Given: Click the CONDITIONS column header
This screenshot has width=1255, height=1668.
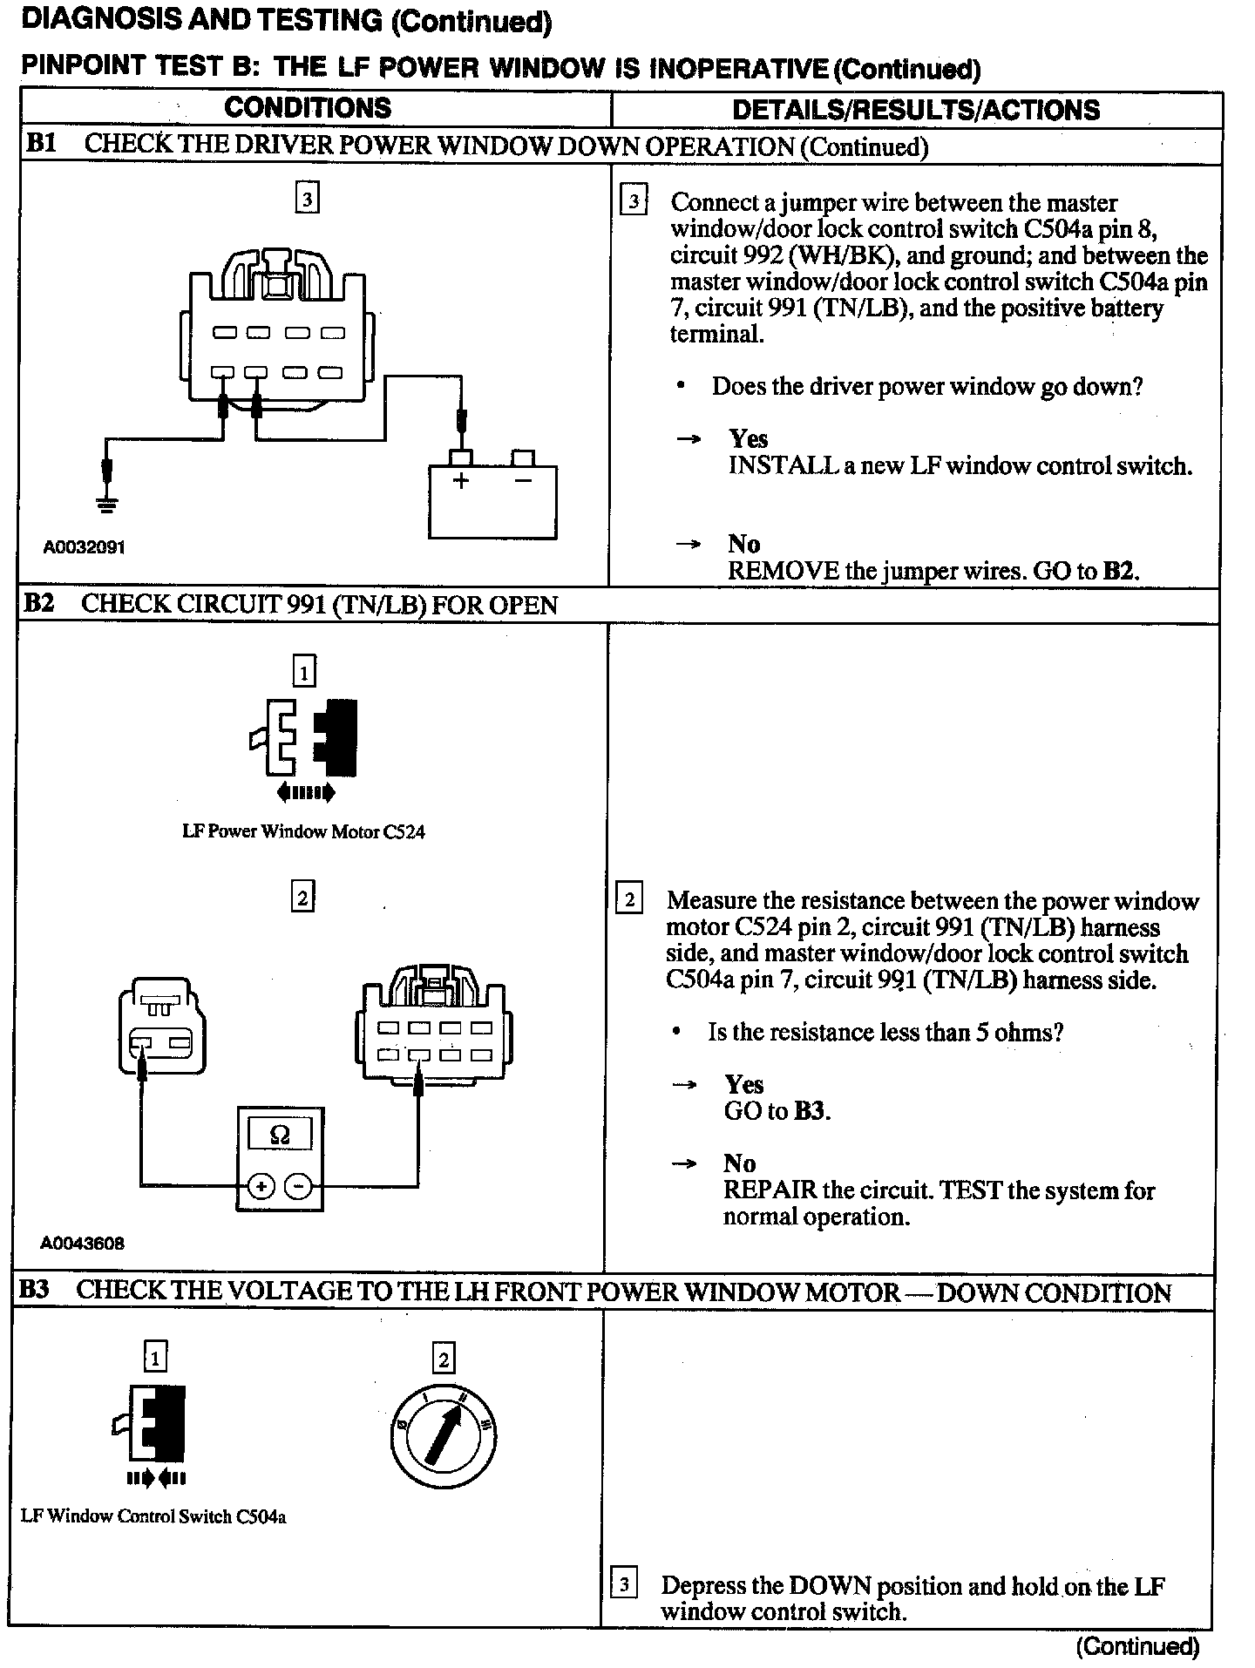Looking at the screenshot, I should (308, 108).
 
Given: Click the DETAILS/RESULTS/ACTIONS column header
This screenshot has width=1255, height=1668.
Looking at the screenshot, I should (916, 110).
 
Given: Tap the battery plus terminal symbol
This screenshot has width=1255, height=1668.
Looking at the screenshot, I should (460, 480).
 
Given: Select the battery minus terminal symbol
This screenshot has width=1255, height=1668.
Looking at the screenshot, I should (523, 480).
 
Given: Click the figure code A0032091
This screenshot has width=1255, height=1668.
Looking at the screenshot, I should (85, 547).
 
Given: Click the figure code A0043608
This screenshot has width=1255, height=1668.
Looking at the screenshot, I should (82, 1244).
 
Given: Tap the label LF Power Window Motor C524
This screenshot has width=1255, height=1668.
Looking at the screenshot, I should (303, 831).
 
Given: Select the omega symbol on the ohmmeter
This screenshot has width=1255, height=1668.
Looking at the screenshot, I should (280, 1135).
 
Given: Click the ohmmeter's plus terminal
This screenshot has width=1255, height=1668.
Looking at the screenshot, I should (261, 1186).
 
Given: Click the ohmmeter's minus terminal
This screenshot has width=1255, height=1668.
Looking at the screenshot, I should (298, 1186).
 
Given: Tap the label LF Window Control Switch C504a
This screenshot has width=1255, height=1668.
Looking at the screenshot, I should (153, 1516).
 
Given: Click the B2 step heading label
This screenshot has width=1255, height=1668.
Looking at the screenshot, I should (37, 604).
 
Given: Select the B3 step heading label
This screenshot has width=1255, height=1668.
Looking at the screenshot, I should (34, 1291).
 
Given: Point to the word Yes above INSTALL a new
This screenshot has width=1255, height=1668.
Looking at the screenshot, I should (749, 438).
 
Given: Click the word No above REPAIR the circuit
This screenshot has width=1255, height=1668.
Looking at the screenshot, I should (739, 1163).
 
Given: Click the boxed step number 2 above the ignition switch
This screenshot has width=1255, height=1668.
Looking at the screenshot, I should (444, 1359).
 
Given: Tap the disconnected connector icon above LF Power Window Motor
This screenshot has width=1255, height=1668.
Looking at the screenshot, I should (304, 739).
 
